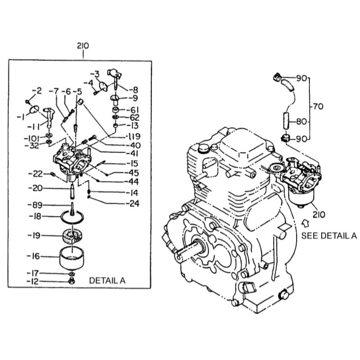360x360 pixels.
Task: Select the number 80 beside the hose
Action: (x=301, y=122)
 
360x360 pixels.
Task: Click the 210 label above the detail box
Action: (x=83, y=46)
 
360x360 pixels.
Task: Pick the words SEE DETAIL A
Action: (x=329, y=236)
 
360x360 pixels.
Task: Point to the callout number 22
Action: (x=38, y=174)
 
